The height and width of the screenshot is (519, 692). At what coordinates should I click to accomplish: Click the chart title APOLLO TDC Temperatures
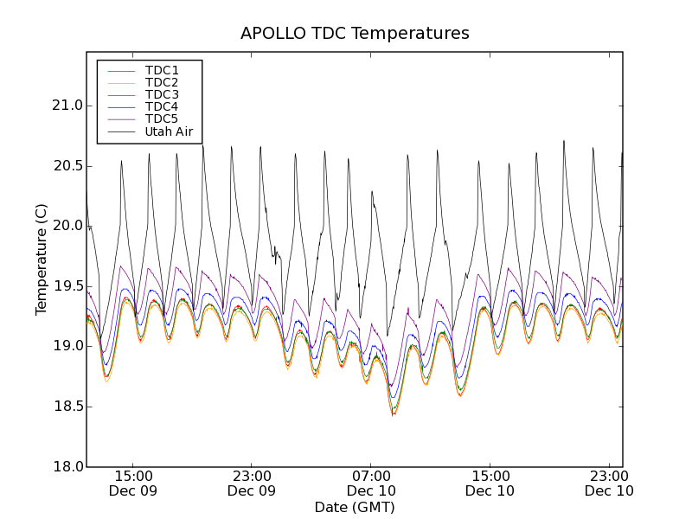pyautogui.click(x=355, y=34)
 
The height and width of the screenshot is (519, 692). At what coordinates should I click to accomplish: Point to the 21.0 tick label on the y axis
pyautogui.click(x=67, y=106)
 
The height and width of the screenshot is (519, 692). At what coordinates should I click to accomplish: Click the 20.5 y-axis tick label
pyautogui.click(x=67, y=165)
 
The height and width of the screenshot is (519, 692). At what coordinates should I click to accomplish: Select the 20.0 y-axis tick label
pyautogui.click(x=67, y=226)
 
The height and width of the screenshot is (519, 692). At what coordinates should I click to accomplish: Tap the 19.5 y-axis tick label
pyautogui.click(x=67, y=285)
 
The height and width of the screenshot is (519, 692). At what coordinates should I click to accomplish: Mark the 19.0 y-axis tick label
pyautogui.click(x=67, y=346)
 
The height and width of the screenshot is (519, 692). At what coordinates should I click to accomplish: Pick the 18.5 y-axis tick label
pyautogui.click(x=67, y=406)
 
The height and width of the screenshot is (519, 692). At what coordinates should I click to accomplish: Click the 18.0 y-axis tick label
pyautogui.click(x=67, y=466)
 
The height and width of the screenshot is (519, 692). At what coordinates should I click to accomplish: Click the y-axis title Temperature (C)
pyautogui.click(x=42, y=259)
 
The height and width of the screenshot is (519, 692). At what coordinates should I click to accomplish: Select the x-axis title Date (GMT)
pyautogui.click(x=355, y=507)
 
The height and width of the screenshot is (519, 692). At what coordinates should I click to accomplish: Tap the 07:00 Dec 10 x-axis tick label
pyautogui.click(x=371, y=483)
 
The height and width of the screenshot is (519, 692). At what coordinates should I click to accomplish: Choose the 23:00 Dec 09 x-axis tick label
pyautogui.click(x=252, y=483)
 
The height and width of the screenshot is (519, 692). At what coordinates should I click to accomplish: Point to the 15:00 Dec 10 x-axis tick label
pyautogui.click(x=490, y=483)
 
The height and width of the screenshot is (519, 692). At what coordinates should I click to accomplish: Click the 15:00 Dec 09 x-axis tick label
pyautogui.click(x=133, y=483)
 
